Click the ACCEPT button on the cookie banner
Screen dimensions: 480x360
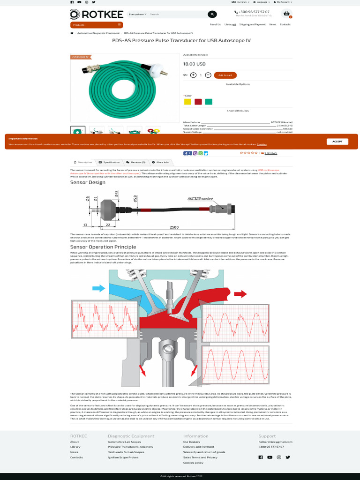[337, 141]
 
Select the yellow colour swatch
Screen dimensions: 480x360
[187, 102]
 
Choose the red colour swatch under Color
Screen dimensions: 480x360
[198, 102]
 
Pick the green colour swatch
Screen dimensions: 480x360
[209, 102]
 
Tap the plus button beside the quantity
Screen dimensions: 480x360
[194, 75]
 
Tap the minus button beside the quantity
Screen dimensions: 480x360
[208, 75]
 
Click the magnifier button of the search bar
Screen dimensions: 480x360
[212, 15]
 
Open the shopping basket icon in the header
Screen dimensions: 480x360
[286, 14]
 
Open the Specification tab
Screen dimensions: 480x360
[109, 162]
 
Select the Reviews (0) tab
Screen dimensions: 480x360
[136, 162]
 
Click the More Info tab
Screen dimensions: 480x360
[160, 162]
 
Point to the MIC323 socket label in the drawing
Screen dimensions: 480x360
[200, 199]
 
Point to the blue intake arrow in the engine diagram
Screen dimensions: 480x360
[99, 288]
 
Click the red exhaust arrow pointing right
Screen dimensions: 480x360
[240, 294]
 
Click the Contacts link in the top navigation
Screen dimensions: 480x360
[285, 24]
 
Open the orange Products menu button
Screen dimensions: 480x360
[97, 25]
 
